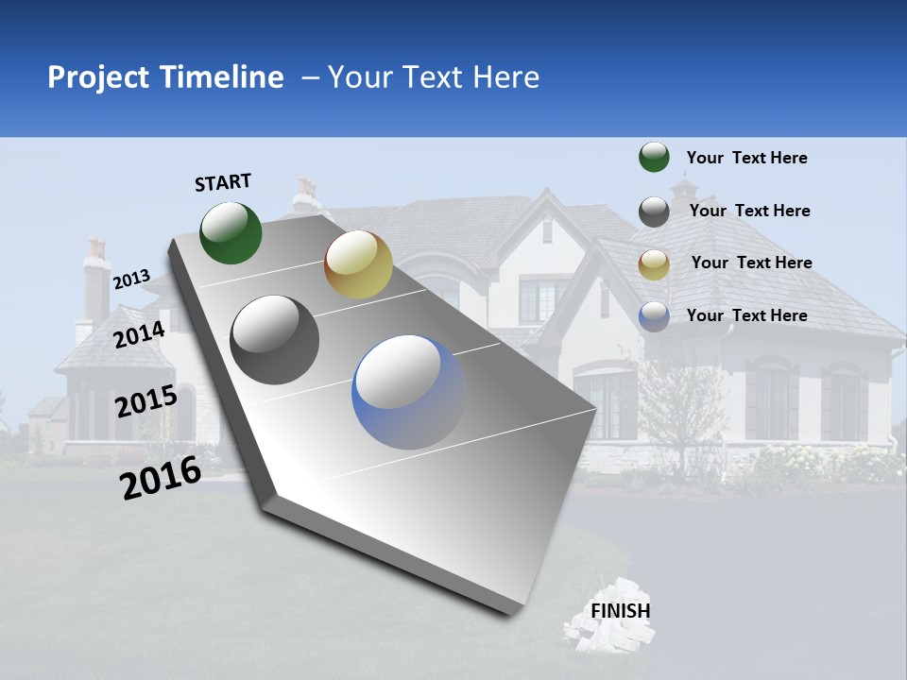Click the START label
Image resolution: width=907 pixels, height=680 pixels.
point(223,182)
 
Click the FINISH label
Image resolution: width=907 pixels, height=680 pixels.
point(621,610)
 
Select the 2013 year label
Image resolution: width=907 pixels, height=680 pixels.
point(131,279)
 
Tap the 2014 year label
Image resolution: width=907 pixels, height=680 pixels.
point(139,334)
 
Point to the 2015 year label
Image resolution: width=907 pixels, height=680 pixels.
point(145,401)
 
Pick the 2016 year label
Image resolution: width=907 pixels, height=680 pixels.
point(161,477)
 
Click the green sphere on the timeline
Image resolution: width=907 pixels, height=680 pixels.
point(231,232)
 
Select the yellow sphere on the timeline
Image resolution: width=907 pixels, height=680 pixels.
point(358,264)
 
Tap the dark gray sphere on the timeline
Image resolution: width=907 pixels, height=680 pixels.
point(275,340)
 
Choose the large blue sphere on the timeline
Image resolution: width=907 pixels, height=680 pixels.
point(408,390)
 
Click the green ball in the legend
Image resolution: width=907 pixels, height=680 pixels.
point(654,157)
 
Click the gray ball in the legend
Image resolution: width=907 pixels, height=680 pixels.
point(654,212)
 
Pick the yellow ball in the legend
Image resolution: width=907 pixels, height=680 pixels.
point(654,263)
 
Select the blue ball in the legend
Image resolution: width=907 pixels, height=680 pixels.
point(654,316)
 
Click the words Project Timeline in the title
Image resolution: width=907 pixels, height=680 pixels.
point(165,77)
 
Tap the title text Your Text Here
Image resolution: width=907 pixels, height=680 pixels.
point(434,77)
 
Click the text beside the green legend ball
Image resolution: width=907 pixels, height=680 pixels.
point(746,158)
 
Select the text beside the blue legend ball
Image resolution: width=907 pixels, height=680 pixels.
point(746,315)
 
